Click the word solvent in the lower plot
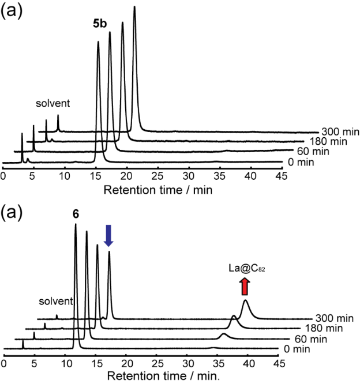click(56, 301)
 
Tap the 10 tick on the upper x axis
click(65, 175)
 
